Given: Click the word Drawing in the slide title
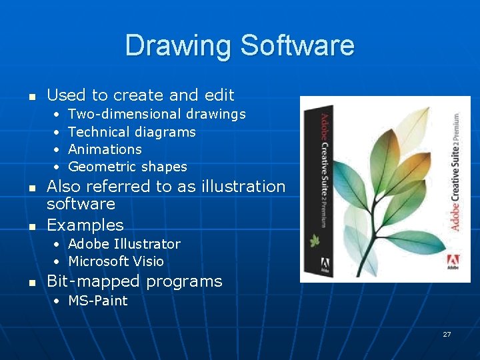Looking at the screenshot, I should tap(179, 45).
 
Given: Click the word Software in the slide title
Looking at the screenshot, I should tap(297, 45).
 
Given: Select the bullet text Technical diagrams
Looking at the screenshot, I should tap(132, 132).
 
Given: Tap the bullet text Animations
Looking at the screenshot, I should tap(105, 149).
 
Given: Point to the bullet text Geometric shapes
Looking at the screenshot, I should tap(127, 167).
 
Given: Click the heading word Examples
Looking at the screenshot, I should tap(85, 225).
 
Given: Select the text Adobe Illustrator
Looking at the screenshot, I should tap(124, 244).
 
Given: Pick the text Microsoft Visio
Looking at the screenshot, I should tap(116, 261).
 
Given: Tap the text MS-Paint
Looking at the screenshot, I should tap(98, 301).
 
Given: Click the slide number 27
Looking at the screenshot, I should tap(447, 334).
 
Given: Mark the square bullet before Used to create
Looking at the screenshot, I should tap(31, 96).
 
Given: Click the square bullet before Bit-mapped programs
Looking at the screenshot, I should tap(31, 283).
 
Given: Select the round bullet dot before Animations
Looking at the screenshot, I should tap(57, 149).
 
